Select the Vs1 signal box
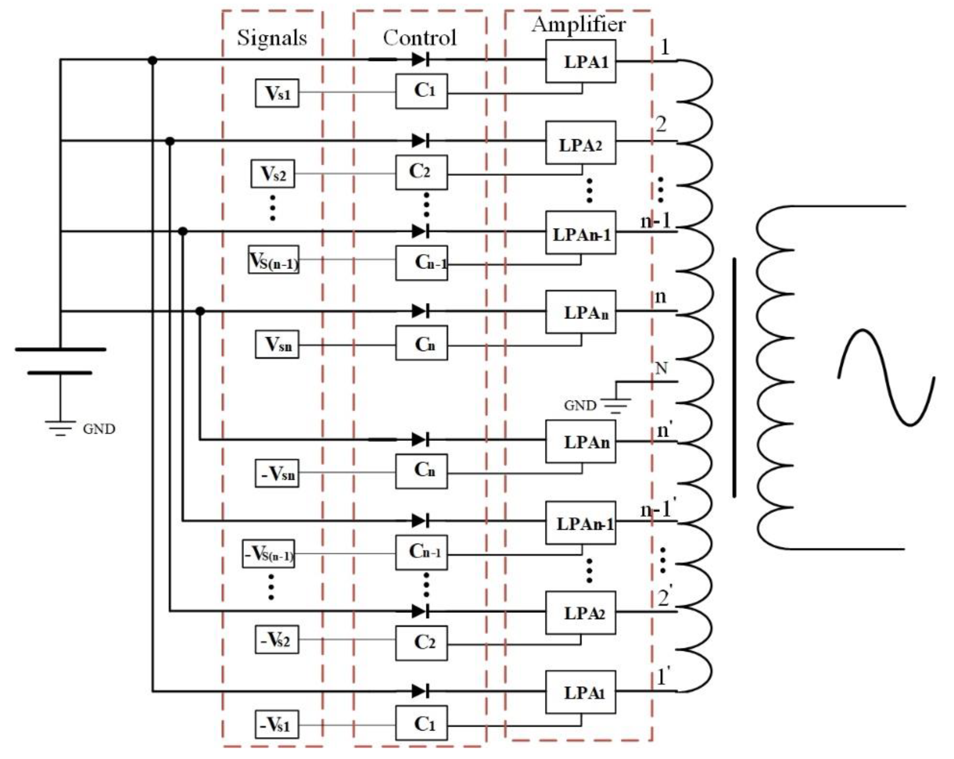tap(277, 93)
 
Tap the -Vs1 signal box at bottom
tap(277, 724)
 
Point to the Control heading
tap(420, 38)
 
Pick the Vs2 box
tap(273, 173)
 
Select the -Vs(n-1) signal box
tap(268, 554)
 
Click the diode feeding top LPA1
tap(420, 59)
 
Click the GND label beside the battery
tap(99, 429)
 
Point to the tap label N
tap(661, 368)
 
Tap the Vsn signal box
tap(277, 345)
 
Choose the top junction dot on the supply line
tap(152, 60)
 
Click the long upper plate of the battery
tap(61, 349)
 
